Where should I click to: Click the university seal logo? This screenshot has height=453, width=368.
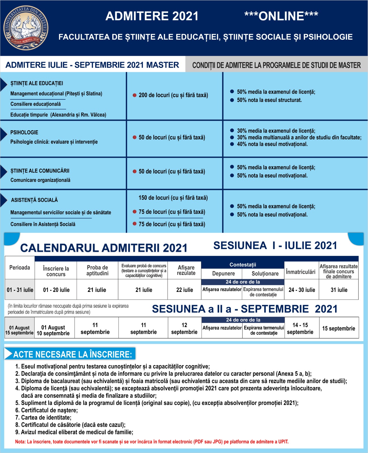(x=26, y=28)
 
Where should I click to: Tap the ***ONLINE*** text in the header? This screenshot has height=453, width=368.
(x=281, y=16)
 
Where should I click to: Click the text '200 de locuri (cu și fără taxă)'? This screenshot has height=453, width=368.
(x=173, y=95)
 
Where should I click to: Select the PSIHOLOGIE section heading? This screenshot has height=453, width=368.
(x=24, y=133)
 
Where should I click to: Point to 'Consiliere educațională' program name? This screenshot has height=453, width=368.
(x=35, y=104)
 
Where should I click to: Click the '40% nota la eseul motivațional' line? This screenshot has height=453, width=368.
(x=272, y=144)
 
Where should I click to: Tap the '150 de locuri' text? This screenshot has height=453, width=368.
(x=173, y=198)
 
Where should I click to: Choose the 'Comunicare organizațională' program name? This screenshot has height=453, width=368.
(x=40, y=180)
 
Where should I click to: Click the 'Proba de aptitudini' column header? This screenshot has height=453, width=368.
(x=97, y=270)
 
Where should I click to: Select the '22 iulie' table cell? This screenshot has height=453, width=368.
(x=185, y=290)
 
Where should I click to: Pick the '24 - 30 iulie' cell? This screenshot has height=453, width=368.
(x=302, y=290)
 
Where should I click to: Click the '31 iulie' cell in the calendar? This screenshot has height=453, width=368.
(x=339, y=290)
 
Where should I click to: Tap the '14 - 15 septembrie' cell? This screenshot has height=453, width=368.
(x=300, y=328)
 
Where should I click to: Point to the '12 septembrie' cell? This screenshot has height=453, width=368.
(x=184, y=328)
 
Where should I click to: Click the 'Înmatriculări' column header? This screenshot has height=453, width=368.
(x=301, y=272)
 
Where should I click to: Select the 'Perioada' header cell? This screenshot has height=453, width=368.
(x=20, y=268)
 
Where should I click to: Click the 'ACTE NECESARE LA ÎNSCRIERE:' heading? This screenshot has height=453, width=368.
(x=72, y=354)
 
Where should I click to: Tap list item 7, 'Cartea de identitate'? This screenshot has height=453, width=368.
(x=46, y=417)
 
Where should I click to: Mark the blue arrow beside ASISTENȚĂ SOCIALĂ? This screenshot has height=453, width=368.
(x=4, y=200)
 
